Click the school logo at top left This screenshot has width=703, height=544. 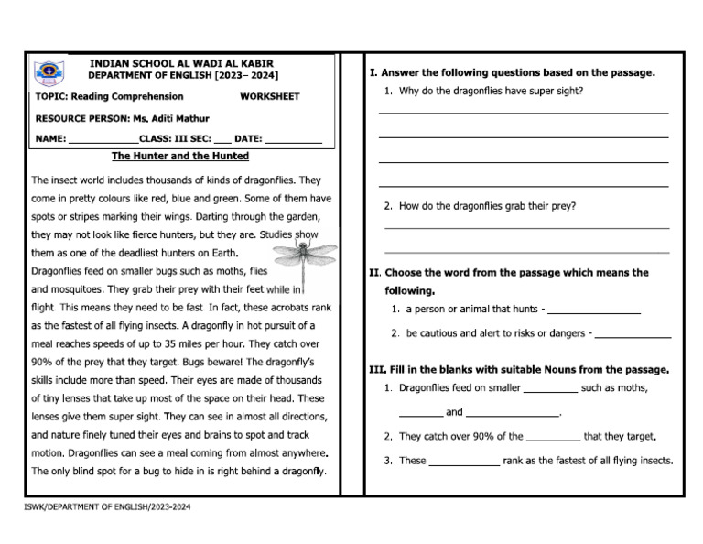[x=45, y=72]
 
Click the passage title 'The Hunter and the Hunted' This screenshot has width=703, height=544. [x=179, y=157]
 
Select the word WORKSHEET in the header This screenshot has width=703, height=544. [x=269, y=96]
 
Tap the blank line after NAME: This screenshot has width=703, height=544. [x=103, y=140]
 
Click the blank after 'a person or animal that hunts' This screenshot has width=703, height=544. [x=593, y=310]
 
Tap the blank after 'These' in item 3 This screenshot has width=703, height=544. [x=464, y=462]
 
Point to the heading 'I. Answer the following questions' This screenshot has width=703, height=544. [x=512, y=72]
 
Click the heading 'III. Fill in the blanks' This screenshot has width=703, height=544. [x=518, y=370]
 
